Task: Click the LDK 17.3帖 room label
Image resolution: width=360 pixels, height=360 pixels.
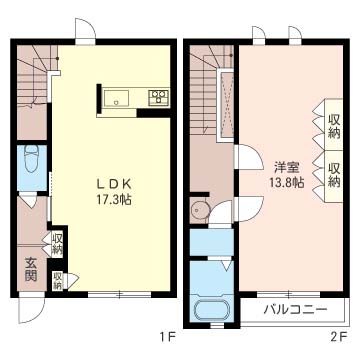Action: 113,192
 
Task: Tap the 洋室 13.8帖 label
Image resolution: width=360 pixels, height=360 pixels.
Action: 289,175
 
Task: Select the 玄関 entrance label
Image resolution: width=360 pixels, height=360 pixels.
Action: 31,270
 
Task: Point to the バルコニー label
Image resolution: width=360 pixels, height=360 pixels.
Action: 295,310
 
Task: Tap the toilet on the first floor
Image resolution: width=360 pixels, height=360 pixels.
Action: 32,159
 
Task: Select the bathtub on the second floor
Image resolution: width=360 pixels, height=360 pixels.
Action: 211,310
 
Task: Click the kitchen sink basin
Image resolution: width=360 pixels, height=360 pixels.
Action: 116,98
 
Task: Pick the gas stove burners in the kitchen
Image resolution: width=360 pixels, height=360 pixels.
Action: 158,97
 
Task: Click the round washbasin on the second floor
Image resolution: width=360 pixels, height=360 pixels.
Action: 199,210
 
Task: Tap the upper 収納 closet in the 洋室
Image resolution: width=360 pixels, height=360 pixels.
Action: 334,126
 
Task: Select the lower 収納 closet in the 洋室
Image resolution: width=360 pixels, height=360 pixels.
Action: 334,175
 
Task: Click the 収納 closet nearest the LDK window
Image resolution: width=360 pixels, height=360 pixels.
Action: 58,281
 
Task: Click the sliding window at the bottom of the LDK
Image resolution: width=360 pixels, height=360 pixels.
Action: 120,294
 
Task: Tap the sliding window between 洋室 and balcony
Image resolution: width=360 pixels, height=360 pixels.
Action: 289,294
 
